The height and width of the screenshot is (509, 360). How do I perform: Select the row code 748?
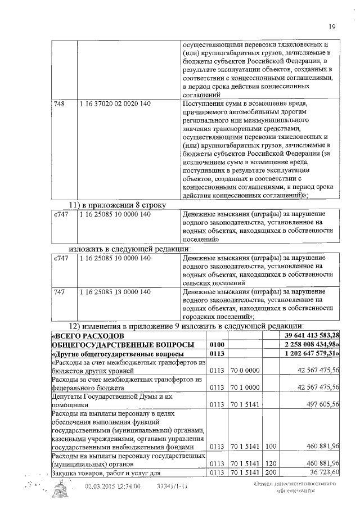(x=58, y=104)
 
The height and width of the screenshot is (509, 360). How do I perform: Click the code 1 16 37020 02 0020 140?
(x=115, y=104)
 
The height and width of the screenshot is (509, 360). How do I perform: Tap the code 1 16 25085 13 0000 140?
(x=115, y=292)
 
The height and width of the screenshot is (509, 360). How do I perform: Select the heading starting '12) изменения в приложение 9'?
(x=186, y=326)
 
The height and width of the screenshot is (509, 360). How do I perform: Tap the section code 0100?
(x=217, y=344)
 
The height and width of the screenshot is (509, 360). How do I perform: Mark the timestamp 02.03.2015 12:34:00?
(x=112, y=487)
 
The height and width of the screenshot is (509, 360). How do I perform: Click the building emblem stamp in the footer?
(x=62, y=491)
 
